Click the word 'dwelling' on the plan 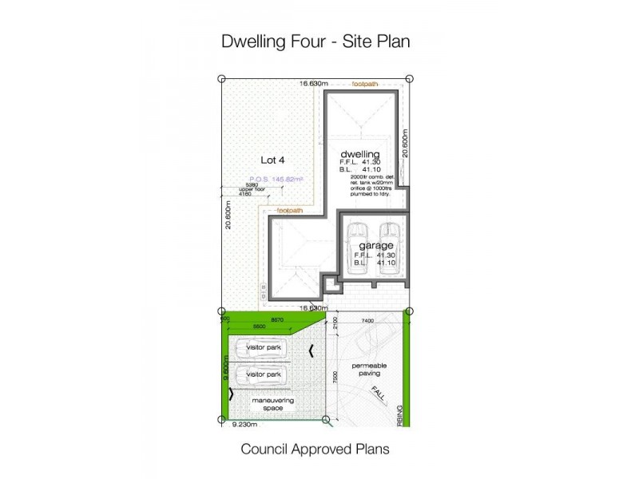359,153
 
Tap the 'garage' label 375,245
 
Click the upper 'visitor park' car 264,348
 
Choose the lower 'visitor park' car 264,375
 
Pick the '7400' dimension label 367,319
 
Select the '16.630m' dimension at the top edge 314,83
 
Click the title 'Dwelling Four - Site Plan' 316,42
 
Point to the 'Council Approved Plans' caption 316,449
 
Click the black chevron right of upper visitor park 311,348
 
